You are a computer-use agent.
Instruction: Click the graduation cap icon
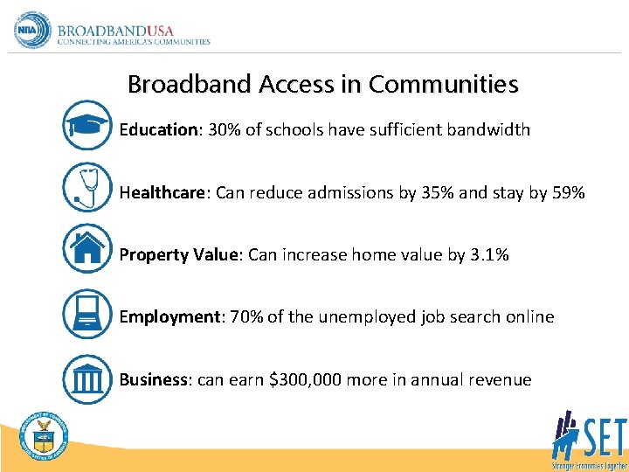pyautogui.click(x=87, y=125)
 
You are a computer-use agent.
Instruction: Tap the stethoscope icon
pyautogui.click(x=87, y=188)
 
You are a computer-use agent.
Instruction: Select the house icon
pyautogui.click(x=87, y=249)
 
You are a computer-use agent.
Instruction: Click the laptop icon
pyautogui.click(x=87, y=313)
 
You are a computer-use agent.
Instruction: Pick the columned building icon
pyautogui.click(x=87, y=378)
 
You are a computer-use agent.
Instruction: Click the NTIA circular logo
pyautogui.click(x=33, y=31)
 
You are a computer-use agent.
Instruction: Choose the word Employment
pyautogui.click(x=169, y=317)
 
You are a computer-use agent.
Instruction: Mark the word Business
pyautogui.click(x=154, y=379)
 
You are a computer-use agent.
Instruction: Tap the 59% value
pyautogui.click(x=569, y=192)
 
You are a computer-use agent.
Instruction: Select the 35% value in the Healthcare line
pyautogui.click(x=437, y=192)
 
